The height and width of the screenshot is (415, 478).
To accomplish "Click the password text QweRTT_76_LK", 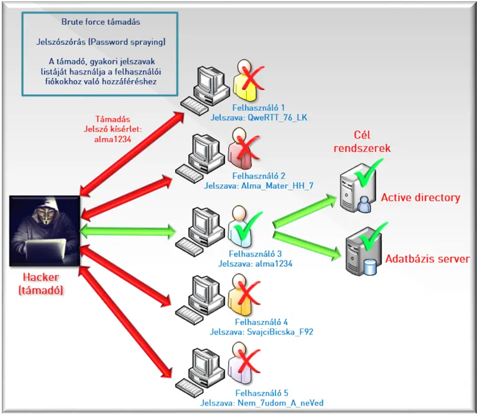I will [x=278, y=117].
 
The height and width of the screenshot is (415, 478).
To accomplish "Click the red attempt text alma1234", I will [x=111, y=139].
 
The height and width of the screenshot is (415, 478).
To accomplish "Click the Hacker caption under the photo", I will [x=44, y=284].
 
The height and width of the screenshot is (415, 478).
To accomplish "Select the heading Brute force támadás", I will [x=101, y=22].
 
